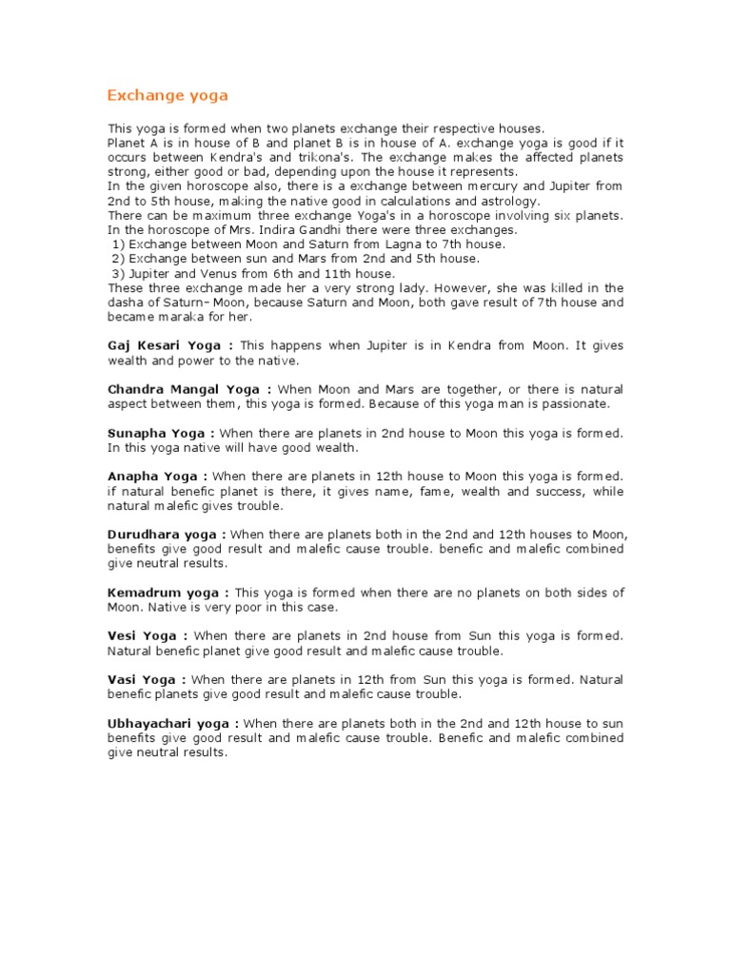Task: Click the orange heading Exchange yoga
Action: pyautogui.click(x=167, y=95)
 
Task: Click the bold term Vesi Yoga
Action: pyautogui.click(x=142, y=635)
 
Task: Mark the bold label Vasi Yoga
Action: pyautogui.click(x=142, y=679)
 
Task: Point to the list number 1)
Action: pyautogui.click(x=118, y=244)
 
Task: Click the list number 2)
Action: pyautogui.click(x=118, y=259)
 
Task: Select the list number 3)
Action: pyautogui.click(x=118, y=274)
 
